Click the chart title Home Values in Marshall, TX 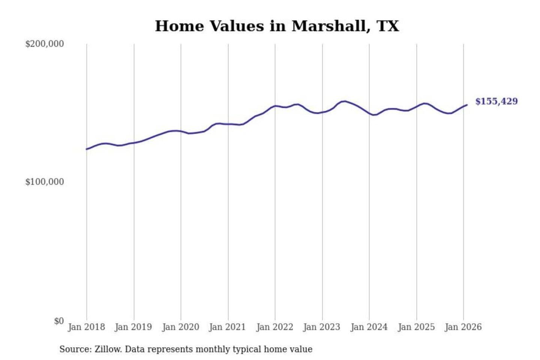[277, 26]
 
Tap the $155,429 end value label [496, 101]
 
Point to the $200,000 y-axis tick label [44, 44]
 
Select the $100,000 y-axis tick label [44, 182]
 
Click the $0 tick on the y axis [58, 321]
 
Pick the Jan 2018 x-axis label [86, 327]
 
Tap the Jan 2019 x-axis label [133, 327]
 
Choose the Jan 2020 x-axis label [180, 327]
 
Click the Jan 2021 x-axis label [227, 327]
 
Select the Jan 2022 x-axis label [274, 327]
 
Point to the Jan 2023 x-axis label [321, 327]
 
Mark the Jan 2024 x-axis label [369, 327]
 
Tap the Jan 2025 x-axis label [416, 327]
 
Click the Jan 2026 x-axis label [463, 327]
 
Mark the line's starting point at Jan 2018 [87, 149]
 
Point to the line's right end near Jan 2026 [467, 105]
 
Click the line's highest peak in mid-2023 [344, 101]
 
